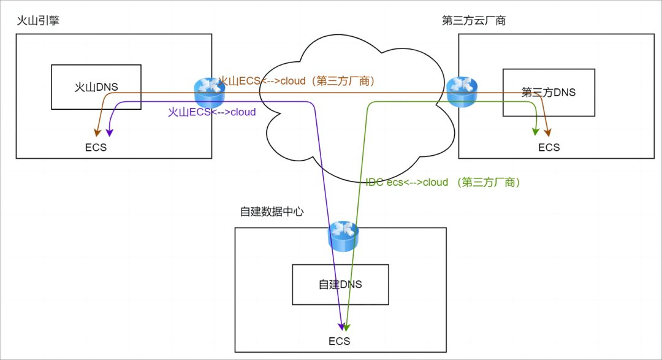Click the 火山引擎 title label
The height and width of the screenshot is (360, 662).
[x=38, y=20]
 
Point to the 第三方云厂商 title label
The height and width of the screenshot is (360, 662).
[x=474, y=20]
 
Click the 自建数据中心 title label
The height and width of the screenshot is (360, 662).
[x=272, y=211]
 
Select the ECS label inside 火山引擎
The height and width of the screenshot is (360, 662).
[x=96, y=147]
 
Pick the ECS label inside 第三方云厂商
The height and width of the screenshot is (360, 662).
[x=549, y=147]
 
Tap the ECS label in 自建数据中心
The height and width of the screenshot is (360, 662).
[x=340, y=341]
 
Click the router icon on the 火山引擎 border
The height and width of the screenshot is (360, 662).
[x=210, y=93]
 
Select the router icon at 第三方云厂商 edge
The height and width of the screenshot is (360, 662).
[x=462, y=92]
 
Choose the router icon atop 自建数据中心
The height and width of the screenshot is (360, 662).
[x=343, y=236]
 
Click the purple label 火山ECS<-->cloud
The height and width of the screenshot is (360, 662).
[x=212, y=112]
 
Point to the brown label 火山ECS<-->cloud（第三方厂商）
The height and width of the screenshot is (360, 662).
[x=297, y=81]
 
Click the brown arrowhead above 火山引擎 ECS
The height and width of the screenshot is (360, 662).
[x=97, y=132]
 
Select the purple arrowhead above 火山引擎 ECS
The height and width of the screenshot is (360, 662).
[x=110, y=132]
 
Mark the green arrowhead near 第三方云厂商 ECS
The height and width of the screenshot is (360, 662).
[x=536, y=132]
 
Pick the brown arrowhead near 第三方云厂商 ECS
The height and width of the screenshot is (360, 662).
[x=547, y=132]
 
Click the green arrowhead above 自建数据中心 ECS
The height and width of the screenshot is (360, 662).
[x=346, y=327]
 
